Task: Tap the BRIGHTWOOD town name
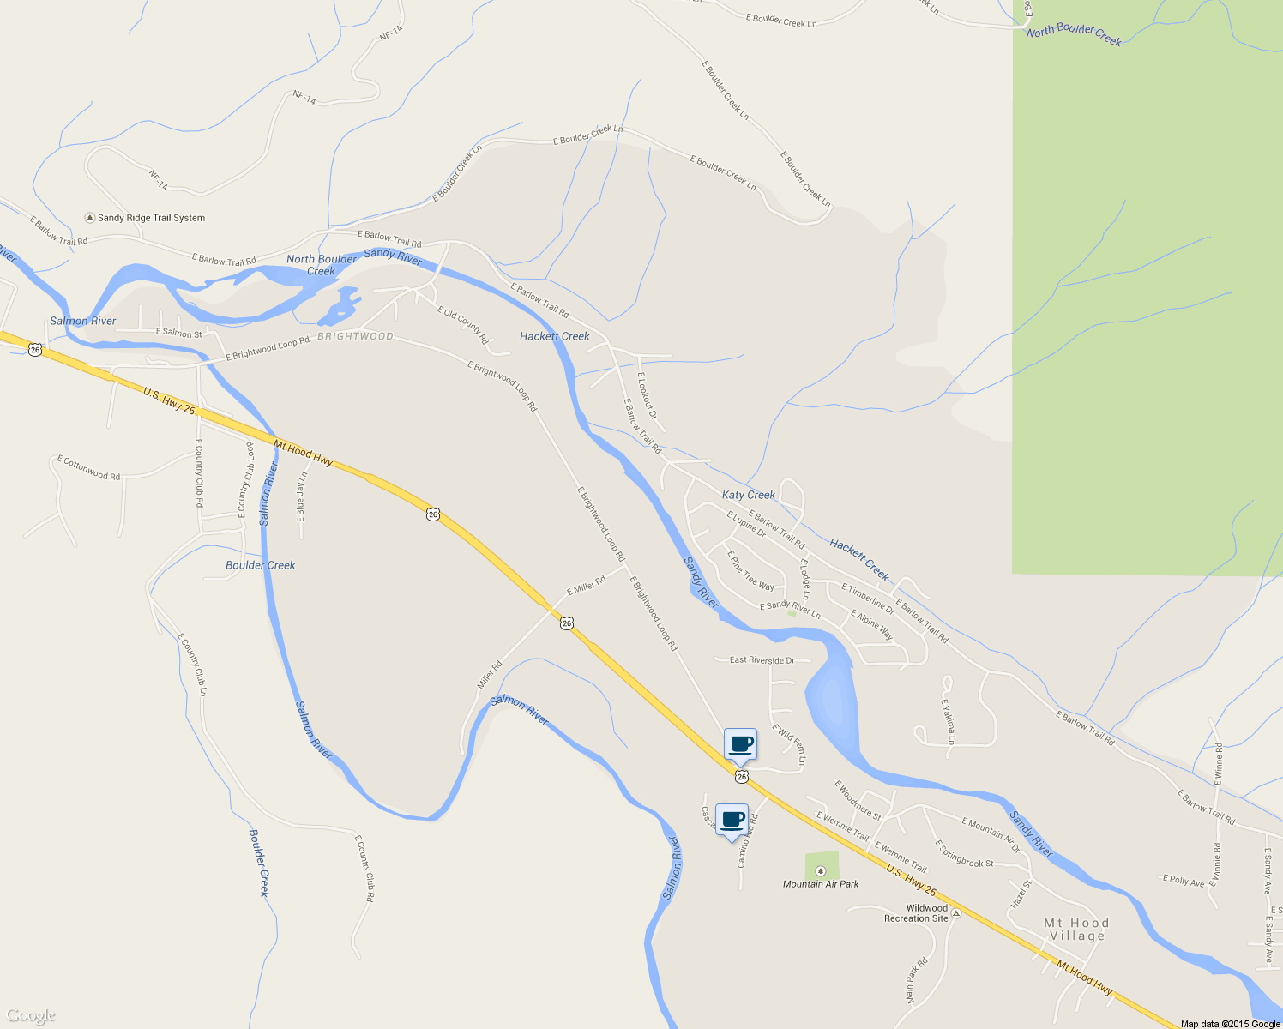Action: pos(355,336)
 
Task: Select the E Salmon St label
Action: pos(178,333)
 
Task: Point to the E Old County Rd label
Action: pos(462,325)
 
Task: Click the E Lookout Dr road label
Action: pos(648,395)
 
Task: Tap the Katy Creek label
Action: pos(748,495)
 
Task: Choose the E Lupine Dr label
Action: pos(746,524)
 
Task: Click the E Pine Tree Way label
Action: pos(750,570)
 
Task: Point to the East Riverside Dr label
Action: pos(762,660)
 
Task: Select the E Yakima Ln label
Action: pos(948,721)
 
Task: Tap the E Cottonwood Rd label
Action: pos(89,468)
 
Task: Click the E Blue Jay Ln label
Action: pos(301,496)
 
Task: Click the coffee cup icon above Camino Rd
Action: pos(732,820)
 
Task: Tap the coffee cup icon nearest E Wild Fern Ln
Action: pos(740,744)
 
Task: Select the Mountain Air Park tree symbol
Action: pos(820,870)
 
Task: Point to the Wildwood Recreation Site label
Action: pos(916,913)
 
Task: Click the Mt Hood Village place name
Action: pos(1076,930)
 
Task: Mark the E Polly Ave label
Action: pos(1184,881)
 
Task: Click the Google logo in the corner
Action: pos(30,1016)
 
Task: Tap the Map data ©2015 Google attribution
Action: pos(1230,1024)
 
